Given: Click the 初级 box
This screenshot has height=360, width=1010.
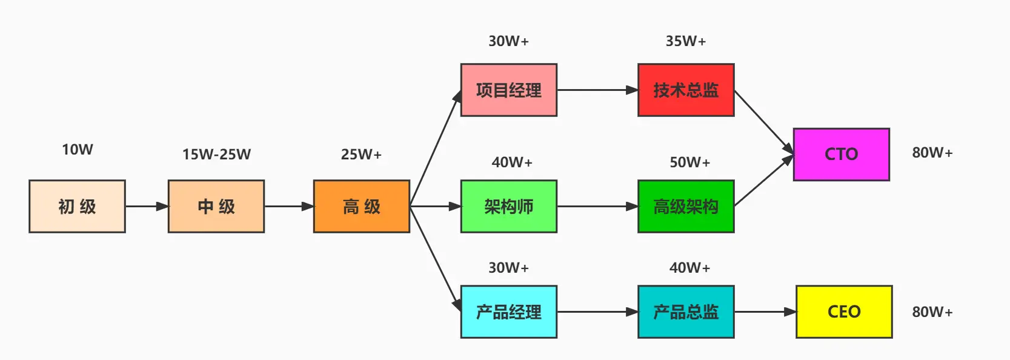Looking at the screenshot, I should pos(77,206).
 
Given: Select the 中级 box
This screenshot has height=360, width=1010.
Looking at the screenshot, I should pos(216,206).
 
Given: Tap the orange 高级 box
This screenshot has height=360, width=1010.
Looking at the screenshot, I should pos(362,206).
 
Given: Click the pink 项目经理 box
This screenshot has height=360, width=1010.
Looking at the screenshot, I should pos(508,90).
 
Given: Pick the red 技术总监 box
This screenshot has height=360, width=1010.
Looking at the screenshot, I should pos(686,90).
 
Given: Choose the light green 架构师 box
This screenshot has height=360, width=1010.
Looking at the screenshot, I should pos(508,206).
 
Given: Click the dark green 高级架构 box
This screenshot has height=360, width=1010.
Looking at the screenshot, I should pos(686,206).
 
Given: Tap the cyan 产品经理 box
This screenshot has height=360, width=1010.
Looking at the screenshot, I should pos(508,312).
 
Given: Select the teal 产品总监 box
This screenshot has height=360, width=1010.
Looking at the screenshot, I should pos(686,312).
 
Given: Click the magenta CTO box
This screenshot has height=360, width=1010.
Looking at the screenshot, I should pos(841,154).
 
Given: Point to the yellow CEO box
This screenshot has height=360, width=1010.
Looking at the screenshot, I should pos(843,312).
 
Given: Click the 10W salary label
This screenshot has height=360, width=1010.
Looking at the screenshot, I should pos(77,149).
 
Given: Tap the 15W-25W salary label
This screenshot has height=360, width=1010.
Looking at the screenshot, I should pos(216,154).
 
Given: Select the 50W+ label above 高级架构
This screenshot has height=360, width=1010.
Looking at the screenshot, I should pos(689,162).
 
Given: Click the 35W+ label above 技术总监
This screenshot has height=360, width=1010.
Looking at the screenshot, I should pos(686,41).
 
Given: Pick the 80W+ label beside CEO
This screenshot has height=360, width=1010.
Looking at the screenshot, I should pos(932,312).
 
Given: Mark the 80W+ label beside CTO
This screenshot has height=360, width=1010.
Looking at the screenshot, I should pos(932,152).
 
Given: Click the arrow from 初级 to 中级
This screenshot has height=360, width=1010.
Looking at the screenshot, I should pos(147,206).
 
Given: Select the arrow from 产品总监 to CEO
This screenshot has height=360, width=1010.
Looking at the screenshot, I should pos(765,312).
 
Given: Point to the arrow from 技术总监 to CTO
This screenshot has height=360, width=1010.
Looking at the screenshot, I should pos(763,121).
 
